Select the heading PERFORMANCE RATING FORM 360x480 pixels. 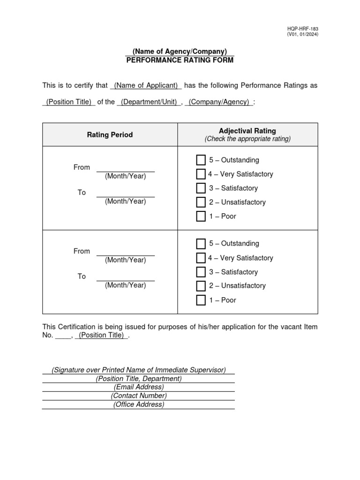pos(180,60)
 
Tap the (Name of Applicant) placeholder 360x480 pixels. pos(146,85)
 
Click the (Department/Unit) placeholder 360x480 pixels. pos(148,102)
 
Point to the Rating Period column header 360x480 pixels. pos(110,135)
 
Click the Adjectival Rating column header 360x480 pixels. pos(247,131)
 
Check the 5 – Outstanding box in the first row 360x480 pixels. pos(201,160)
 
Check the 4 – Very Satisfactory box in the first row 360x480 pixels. pos(201,174)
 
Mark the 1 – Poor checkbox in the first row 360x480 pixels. pos(201,217)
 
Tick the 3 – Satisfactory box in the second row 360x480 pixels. pos(201,272)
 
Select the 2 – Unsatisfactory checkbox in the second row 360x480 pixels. pos(201,286)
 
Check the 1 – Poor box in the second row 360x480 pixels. pos(201,300)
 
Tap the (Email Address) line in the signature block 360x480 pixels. pos(138,387)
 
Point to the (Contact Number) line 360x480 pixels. pos(138,396)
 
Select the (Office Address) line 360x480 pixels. pos(138,405)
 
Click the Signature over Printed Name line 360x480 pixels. pos(138,370)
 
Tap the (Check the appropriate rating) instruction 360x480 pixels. pos(247,139)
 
